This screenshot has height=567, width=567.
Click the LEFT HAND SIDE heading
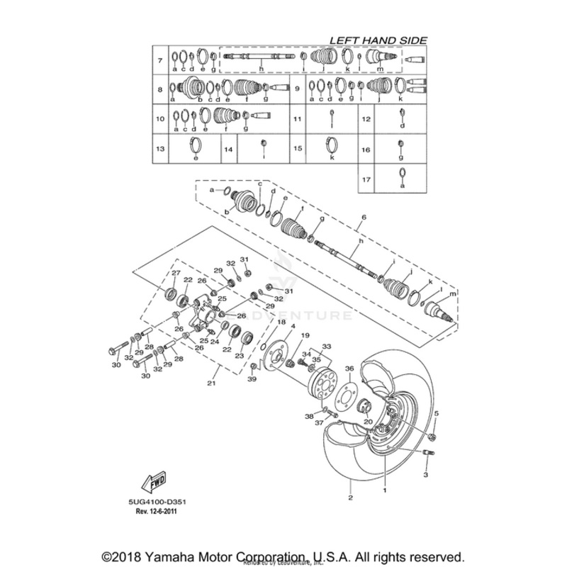[378, 41]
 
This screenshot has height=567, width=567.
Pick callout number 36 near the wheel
[349, 369]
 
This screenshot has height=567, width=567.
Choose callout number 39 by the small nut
[251, 381]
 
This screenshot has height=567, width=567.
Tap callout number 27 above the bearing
[176, 273]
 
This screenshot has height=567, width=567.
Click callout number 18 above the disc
[281, 323]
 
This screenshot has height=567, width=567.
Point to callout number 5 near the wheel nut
[437, 413]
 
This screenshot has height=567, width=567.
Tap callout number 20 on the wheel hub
[368, 421]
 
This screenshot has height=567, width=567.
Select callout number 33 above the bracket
[327, 345]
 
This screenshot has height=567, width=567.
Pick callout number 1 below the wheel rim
[385, 489]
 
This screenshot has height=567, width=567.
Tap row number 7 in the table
[161, 60]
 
